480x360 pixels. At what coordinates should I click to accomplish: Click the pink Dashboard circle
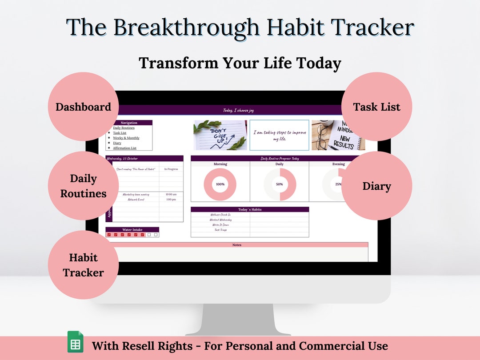[x=83, y=107]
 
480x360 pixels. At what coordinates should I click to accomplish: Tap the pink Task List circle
[x=376, y=107]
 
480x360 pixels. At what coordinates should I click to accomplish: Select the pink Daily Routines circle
[x=83, y=186]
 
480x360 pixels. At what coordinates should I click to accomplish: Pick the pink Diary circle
[x=376, y=186]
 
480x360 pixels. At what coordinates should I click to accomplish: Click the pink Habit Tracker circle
[x=83, y=265]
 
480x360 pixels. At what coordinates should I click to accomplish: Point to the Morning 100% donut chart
[x=220, y=184]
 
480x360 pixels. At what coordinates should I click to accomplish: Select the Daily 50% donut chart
[x=280, y=184]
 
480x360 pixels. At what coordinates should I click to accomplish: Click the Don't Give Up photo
[x=220, y=135]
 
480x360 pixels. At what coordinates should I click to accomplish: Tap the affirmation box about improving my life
[x=279, y=135]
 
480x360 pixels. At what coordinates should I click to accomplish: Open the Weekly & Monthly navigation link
[x=126, y=138]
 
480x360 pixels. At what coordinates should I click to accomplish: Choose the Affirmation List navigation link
[x=124, y=148]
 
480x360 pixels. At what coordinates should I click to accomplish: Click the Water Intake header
[x=132, y=230]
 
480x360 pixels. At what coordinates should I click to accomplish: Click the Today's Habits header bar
[x=249, y=209]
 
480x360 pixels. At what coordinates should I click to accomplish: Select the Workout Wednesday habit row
[x=220, y=220]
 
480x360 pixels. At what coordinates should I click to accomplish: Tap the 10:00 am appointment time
[x=171, y=194]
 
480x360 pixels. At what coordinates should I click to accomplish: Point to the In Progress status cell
[x=171, y=169]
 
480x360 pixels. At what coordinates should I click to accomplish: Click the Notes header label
[x=237, y=245]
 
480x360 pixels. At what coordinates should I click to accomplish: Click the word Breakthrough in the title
[x=186, y=28]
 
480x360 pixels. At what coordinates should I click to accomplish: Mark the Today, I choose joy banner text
[x=238, y=110]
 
